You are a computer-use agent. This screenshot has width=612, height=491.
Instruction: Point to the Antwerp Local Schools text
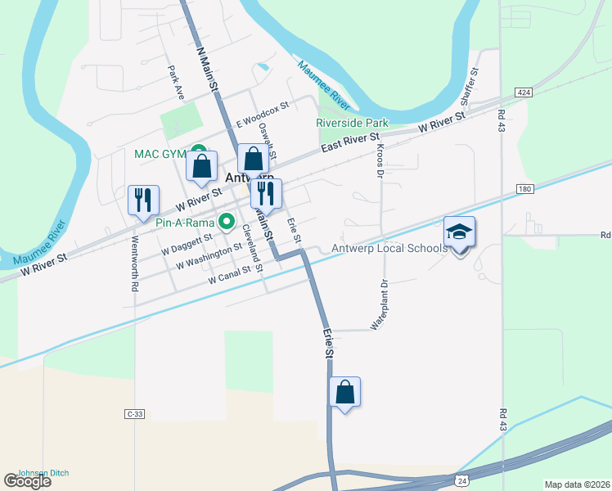pos(389,248)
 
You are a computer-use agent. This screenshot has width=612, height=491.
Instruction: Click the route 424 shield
pos(524,93)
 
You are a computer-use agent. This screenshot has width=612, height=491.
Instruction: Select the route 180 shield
pos(524,190)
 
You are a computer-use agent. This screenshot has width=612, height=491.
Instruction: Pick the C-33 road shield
pos(135,415)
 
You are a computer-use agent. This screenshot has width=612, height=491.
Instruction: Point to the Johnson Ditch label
pos(43,473)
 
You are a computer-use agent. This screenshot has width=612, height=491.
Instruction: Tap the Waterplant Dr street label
pos(378,304)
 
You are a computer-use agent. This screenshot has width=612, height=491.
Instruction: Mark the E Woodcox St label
pos(263,114)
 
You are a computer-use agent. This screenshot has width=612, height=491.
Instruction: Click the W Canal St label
pos(229,279)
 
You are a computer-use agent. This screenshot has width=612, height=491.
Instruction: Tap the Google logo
pos(27,481)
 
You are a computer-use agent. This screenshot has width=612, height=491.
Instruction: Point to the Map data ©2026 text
pos(577,484)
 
